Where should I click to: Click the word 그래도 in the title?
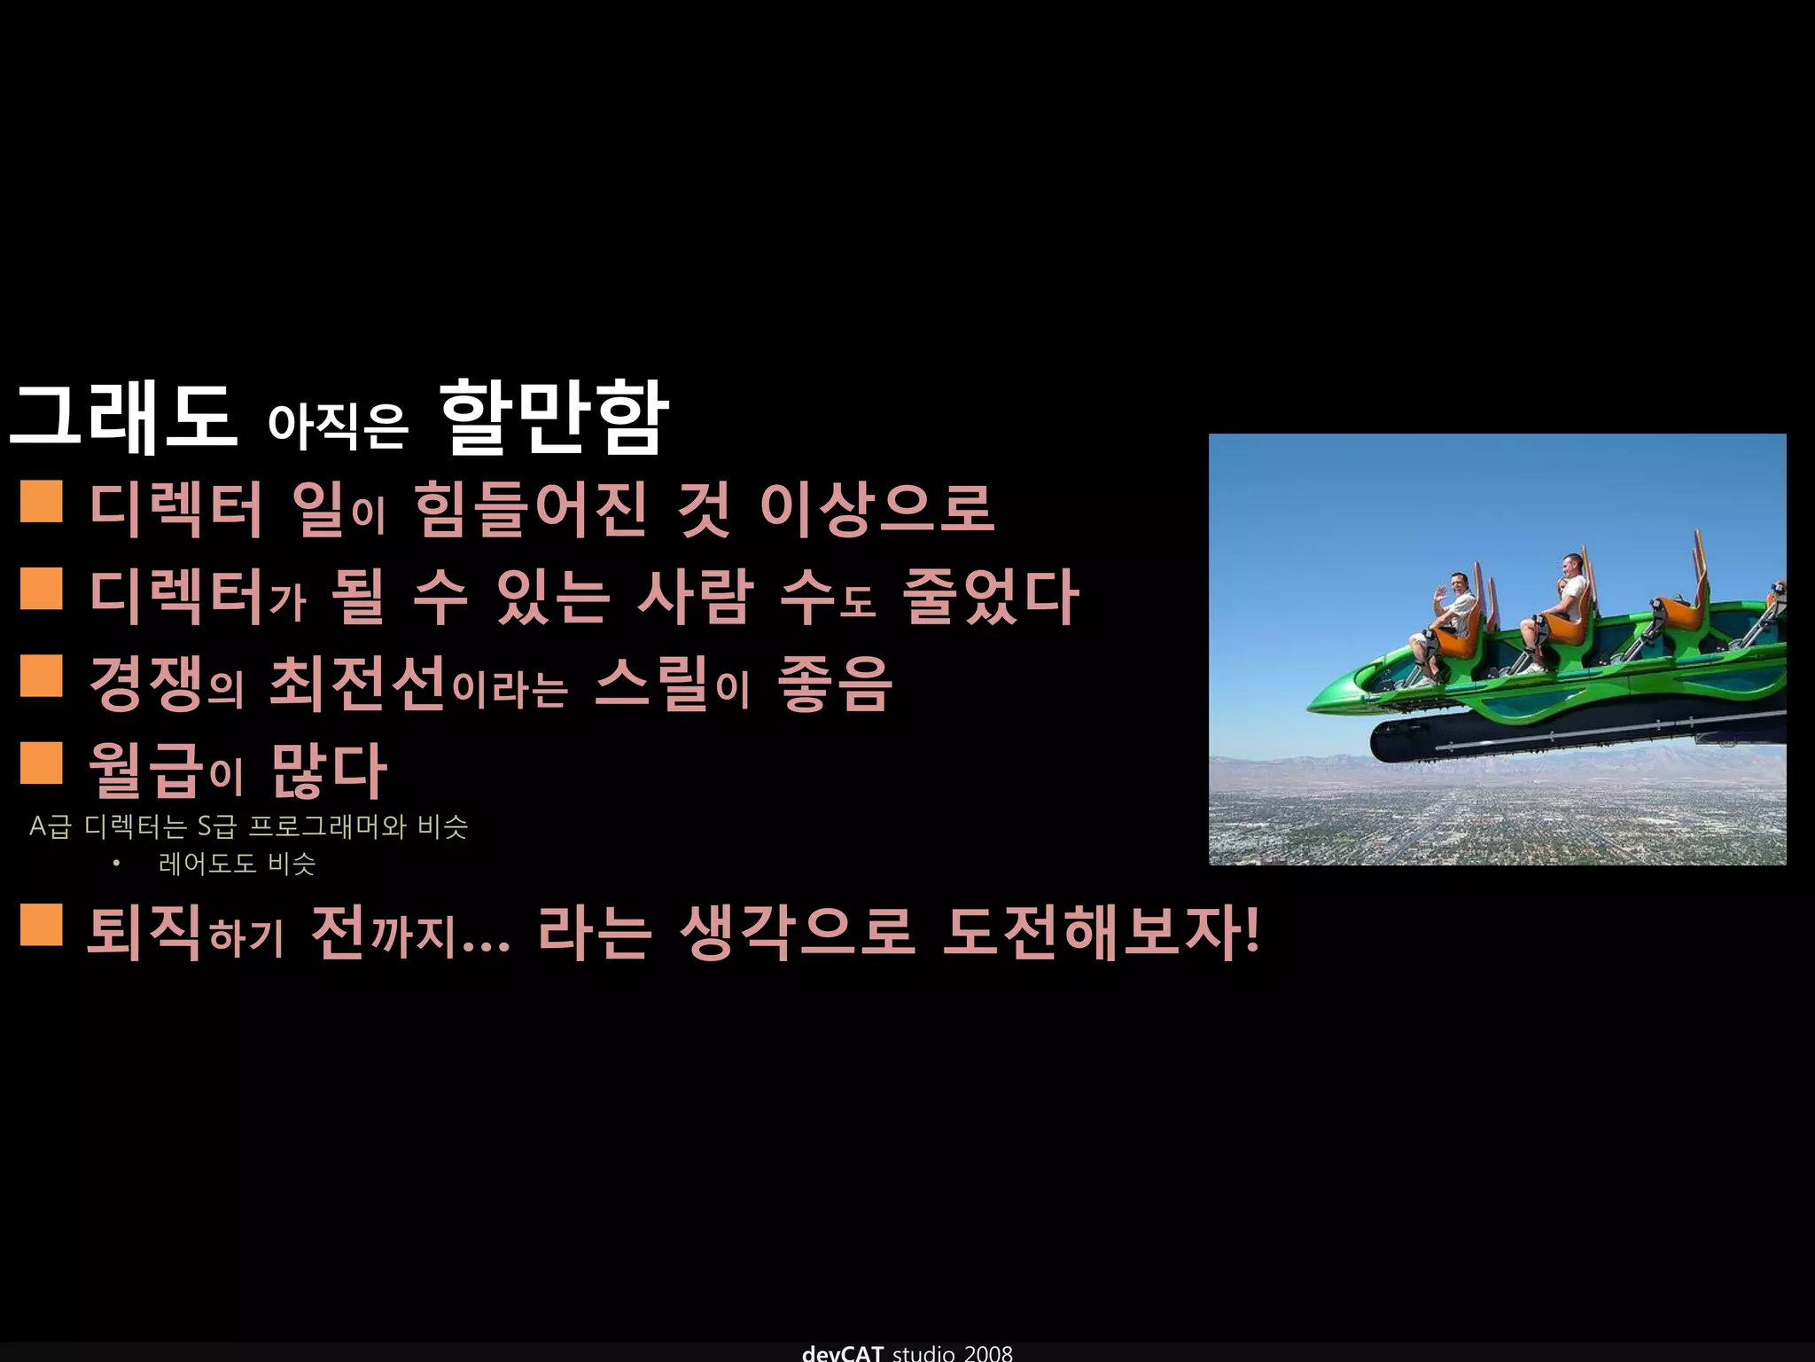coord(122,418)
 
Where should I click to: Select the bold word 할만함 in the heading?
coord(553,418)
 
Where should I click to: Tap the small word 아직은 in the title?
coord(337,426)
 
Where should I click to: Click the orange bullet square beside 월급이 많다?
coord(41,763)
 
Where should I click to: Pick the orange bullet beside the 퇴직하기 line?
coord(41,925)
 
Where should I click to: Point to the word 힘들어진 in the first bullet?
coord(530,510)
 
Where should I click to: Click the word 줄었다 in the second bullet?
coord(989,597)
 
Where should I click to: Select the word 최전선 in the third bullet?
coord(357,684)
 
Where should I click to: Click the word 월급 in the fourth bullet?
coord(147,771)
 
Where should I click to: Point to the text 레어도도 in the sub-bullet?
coord(206,864)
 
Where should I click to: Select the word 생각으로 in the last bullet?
coord(796,933)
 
